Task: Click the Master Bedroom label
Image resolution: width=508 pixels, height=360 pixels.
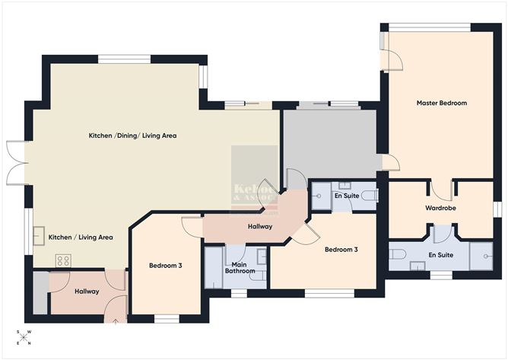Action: pos(441,103)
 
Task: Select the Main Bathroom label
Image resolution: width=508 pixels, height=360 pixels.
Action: pos(239,267)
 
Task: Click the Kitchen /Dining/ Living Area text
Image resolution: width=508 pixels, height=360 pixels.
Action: pos(133,135)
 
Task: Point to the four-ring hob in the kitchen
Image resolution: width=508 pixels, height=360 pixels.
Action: pos(63,260)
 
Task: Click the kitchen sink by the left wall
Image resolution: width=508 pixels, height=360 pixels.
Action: pos(38,237)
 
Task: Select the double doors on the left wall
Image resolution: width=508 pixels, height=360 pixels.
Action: pos(17,162)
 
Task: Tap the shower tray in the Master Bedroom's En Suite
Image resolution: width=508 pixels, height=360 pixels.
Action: pos(481,255)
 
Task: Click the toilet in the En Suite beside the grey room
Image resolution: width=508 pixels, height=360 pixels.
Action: pos(369,196)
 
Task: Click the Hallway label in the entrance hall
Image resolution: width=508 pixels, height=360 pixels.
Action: pos(87,292)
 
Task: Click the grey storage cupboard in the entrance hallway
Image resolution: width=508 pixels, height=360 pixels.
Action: pos(40,292)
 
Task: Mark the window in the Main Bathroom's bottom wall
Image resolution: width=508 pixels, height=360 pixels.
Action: pos(239,292)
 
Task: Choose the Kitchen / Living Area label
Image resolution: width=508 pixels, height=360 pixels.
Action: pos(81,237)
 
